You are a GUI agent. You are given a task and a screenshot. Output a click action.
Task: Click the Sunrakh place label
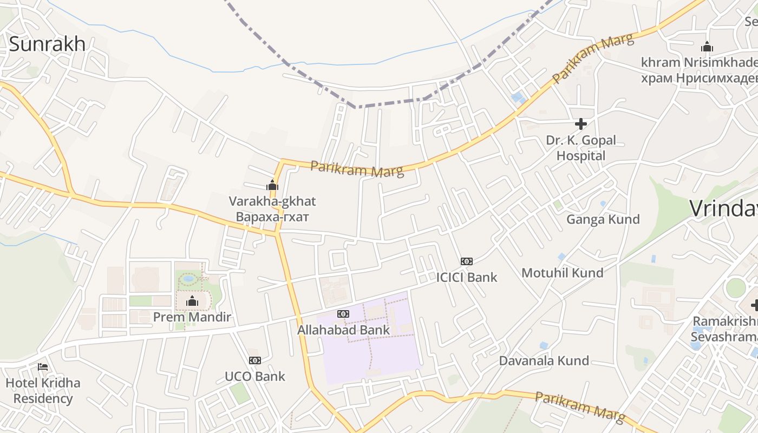47,44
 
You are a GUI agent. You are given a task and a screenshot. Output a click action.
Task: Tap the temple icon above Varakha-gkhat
272,186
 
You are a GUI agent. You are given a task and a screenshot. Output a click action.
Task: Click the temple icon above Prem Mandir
192,301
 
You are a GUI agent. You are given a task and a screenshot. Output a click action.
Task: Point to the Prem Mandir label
192,317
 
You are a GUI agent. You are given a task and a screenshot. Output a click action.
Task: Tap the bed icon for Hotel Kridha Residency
43,367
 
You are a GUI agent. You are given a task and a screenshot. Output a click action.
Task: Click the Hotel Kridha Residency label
43,391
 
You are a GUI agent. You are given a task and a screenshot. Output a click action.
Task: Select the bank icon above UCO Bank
254,360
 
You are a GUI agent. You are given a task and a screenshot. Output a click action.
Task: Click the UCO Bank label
254,376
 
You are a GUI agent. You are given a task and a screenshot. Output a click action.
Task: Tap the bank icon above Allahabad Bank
343,314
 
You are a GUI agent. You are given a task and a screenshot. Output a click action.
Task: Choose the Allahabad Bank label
343,330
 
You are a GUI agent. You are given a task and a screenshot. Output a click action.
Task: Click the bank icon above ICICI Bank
467,261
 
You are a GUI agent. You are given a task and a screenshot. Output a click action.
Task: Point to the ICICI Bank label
467,278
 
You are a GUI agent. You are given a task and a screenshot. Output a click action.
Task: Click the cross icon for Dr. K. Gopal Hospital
581,124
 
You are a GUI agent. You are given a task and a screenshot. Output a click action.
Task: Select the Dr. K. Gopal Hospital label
581,148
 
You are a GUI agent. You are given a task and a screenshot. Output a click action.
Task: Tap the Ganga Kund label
603,219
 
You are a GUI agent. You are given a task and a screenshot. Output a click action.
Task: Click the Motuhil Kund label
562,273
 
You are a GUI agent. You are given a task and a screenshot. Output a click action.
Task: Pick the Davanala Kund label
544,361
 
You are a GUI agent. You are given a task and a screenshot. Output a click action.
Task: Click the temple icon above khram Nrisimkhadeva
707,47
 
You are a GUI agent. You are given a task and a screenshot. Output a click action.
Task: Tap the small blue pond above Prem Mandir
189,279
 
